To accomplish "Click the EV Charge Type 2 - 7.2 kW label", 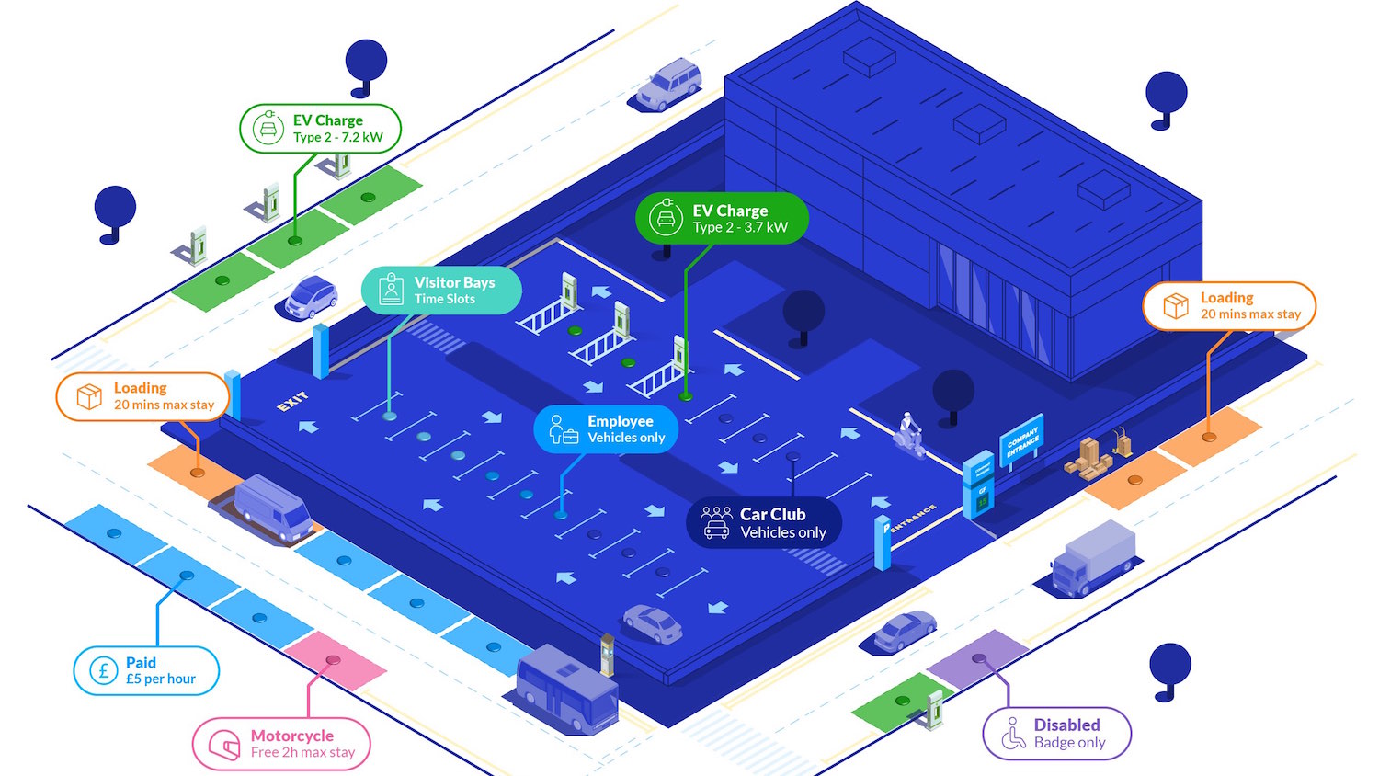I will click(x=320, y=129).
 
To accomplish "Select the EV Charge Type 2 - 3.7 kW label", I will click(x=722, y=219).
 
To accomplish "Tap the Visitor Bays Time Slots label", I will click(x=441, y=291).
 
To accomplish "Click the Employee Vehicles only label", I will click(x=606, y=429).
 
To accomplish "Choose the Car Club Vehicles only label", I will click(x=764, y=523).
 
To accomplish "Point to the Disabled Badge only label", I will click(x=1056, y=734).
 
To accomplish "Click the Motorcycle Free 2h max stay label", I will click(x=281, y=744).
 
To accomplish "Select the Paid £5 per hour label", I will click(x=146, y=670).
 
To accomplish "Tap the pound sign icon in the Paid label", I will click(x=104, y=670).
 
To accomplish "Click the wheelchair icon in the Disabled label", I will click(x=1012, y=734).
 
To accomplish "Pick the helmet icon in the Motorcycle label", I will click(x=224, y=744).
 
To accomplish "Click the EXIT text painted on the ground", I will click(x=292, y=402).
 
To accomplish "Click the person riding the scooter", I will click(x=909, y=434).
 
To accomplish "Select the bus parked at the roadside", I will click(x=565, y=689).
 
